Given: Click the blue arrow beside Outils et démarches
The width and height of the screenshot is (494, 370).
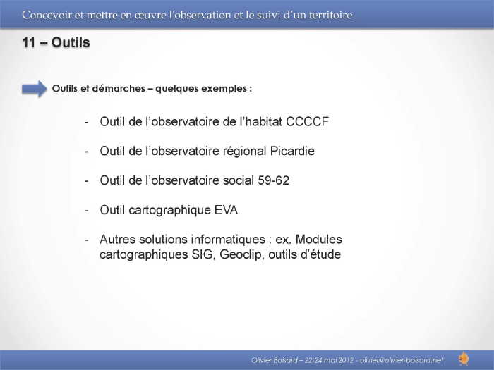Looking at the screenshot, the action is tap(35, 89).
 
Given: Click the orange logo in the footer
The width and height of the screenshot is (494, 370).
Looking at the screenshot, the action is tap(464, 359).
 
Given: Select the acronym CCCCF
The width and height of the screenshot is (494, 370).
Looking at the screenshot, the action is tap(307, 121).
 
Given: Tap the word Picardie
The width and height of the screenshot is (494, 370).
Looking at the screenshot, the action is tap(292, 151).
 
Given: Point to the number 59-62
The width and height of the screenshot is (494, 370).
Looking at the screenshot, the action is tap(274, 180).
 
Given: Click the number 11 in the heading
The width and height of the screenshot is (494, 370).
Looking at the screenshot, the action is tap(28, 42).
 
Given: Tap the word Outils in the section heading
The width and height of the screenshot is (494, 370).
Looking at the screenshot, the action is tap(71, 42).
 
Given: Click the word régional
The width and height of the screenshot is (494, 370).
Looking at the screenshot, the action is tap(245, 152).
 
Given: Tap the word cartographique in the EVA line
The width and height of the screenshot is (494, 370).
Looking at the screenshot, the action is tap(170, 211).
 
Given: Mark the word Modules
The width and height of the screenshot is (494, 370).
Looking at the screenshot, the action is tap(319, 240).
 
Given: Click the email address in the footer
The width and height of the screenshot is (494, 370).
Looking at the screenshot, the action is tap(402, 360).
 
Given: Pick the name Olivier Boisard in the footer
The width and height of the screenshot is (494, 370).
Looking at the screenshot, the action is tap(274, 360).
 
